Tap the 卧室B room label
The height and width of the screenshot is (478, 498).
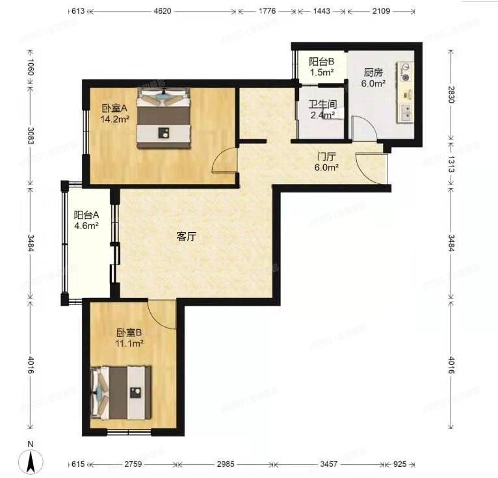(129, 334)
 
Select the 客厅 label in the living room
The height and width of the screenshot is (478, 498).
(186, 237)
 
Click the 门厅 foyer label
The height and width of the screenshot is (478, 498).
(326, 157)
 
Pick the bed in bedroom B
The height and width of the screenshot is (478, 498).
(123, 393)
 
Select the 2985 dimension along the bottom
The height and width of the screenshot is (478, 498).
(226, 465)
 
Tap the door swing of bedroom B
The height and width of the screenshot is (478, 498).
(163, 314)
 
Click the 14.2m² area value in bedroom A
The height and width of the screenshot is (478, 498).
(114, 119)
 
